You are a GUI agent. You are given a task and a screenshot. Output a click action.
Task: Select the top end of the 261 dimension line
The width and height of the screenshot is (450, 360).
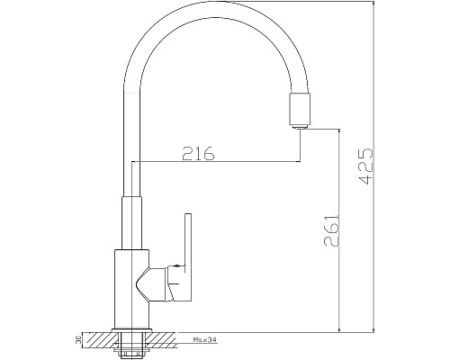click(337, 128)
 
